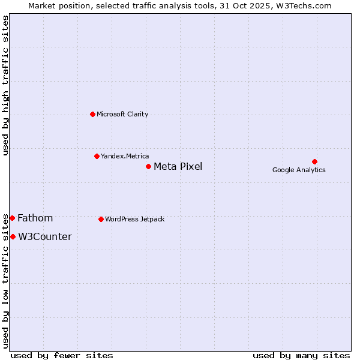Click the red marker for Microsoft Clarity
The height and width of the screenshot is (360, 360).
tap(92, 114)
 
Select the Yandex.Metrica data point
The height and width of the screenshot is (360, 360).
tap(97, 156)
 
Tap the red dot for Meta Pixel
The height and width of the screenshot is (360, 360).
tap(148, 166)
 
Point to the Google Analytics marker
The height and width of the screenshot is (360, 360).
tap(314, 161)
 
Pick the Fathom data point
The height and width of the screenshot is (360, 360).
tap(12, 218)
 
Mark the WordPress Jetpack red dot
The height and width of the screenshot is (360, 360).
tap(101, 219)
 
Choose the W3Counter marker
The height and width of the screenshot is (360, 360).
tap(13, 236)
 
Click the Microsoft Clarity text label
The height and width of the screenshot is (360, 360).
tap(122, 114)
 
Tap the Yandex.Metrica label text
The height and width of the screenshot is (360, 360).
tap(125, 156)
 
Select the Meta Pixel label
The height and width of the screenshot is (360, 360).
tap(178, 166)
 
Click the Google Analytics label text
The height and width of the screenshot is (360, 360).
tap(299, 170)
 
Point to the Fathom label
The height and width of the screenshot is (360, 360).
tap(35, 218)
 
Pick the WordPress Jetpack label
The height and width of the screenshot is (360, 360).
tap(134, 219)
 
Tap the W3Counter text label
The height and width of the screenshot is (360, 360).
tap(44, 236)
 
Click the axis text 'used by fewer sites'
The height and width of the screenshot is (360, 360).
tap(62, 355)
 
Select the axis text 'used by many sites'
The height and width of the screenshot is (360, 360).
tap(301, 355)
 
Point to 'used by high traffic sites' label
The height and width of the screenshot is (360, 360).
tap(5, 85)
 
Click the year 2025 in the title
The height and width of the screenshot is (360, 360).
tap(260, 5)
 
